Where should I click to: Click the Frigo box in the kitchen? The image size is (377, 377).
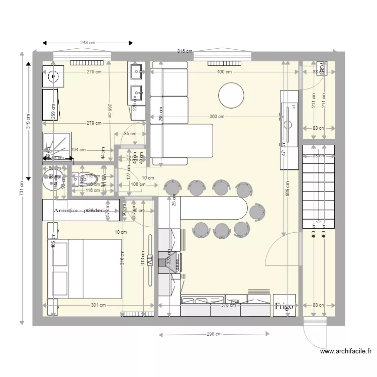(x=284, y=306)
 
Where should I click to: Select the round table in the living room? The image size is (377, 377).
(x=231, y=95)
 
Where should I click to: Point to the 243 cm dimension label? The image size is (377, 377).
(x=88, y=43)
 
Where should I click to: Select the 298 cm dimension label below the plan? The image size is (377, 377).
(x=213, y=335)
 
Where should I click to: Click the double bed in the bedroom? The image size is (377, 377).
(x=85, y=268)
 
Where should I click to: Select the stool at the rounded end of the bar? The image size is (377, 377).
(x=257, y=211)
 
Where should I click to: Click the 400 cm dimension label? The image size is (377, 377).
(x=224, y=72)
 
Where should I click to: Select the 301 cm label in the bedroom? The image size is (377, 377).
(x=99, y=305)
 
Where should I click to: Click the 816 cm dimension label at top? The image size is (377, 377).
(x=184, y=51)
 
